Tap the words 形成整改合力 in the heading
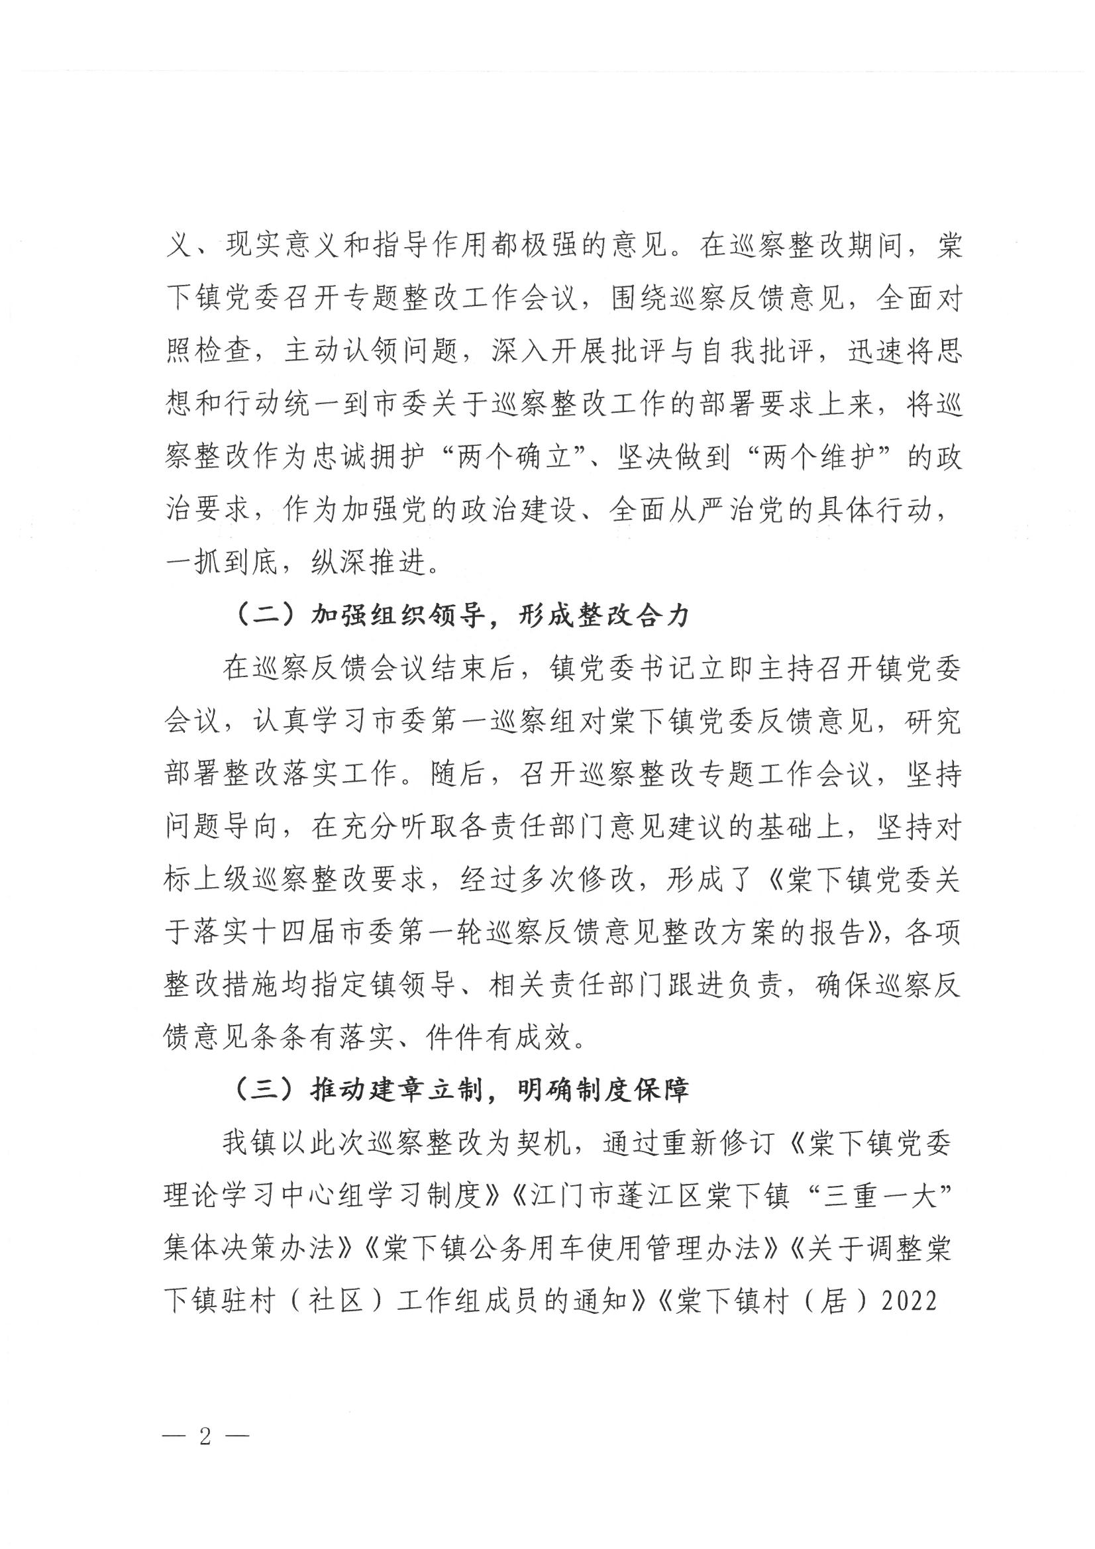point(604,615)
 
